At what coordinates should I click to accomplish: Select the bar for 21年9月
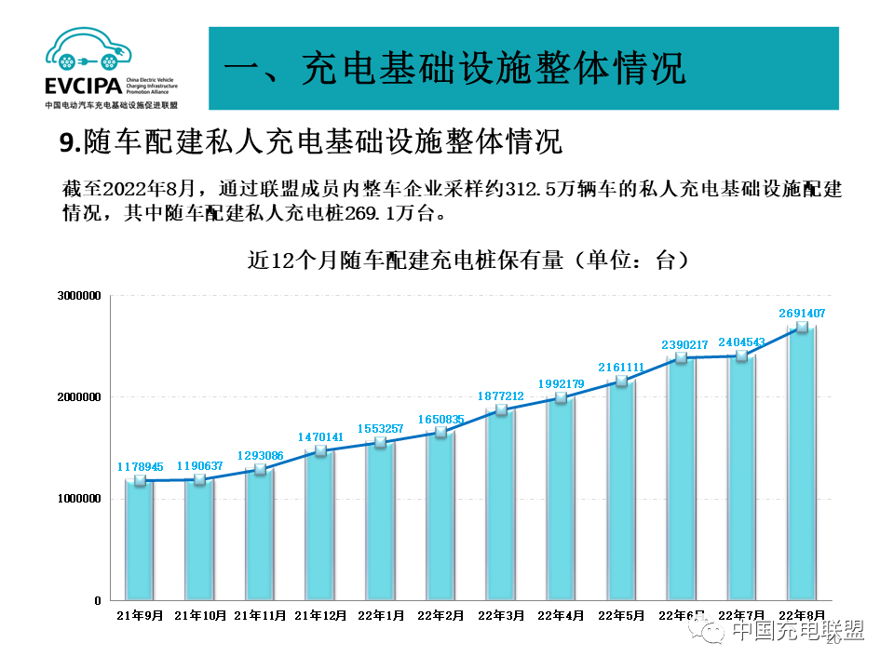(x=140, y=540)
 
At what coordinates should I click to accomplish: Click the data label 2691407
(x=802, y=314)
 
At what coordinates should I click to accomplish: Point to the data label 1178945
(x=140, y=466)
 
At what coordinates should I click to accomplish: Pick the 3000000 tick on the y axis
(x=78, y=296)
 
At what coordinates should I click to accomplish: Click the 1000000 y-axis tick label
(x=78, y=499)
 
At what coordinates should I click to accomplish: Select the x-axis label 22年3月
(x=501, y=615)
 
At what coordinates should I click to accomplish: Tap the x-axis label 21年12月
(x=320, y=615)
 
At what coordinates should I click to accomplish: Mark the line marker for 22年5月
(x=622, y=381)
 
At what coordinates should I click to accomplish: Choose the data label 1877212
(x=501, y=395)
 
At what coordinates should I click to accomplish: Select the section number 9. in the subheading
(x=71, y=142)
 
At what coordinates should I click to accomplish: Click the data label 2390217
(x=682, y=344)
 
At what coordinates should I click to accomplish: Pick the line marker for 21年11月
(x=260, y=469)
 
